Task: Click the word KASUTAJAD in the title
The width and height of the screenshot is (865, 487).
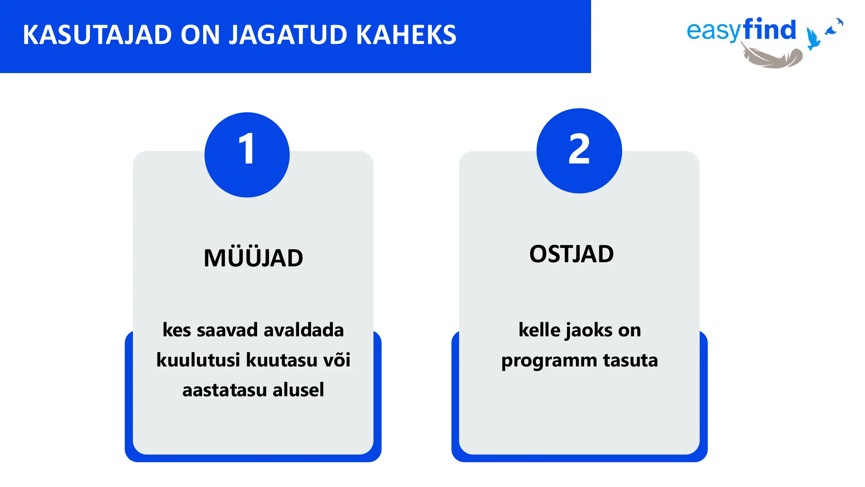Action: pos(98,35)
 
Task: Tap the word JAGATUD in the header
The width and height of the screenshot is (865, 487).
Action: pos(288,35)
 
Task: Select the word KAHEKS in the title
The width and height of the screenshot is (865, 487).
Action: pos(406,35)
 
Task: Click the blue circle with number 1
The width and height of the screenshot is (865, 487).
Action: pos(247,155)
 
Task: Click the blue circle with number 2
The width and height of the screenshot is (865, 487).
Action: pos(579,151)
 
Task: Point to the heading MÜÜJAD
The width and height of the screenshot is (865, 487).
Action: pos(253,257)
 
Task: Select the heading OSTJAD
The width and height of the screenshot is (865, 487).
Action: pos(572,254)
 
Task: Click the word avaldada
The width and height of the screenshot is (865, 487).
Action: pos(303,330)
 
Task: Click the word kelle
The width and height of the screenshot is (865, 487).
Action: pos(539,330)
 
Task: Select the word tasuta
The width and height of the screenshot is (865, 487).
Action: pos(630,360)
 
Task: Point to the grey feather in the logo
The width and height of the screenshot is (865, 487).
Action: pos(772,55)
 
